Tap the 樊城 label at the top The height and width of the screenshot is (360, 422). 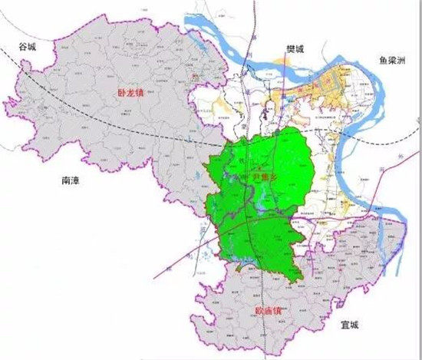295,50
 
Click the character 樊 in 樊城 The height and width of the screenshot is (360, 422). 290,50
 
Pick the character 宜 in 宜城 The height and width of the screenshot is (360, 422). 344,325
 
